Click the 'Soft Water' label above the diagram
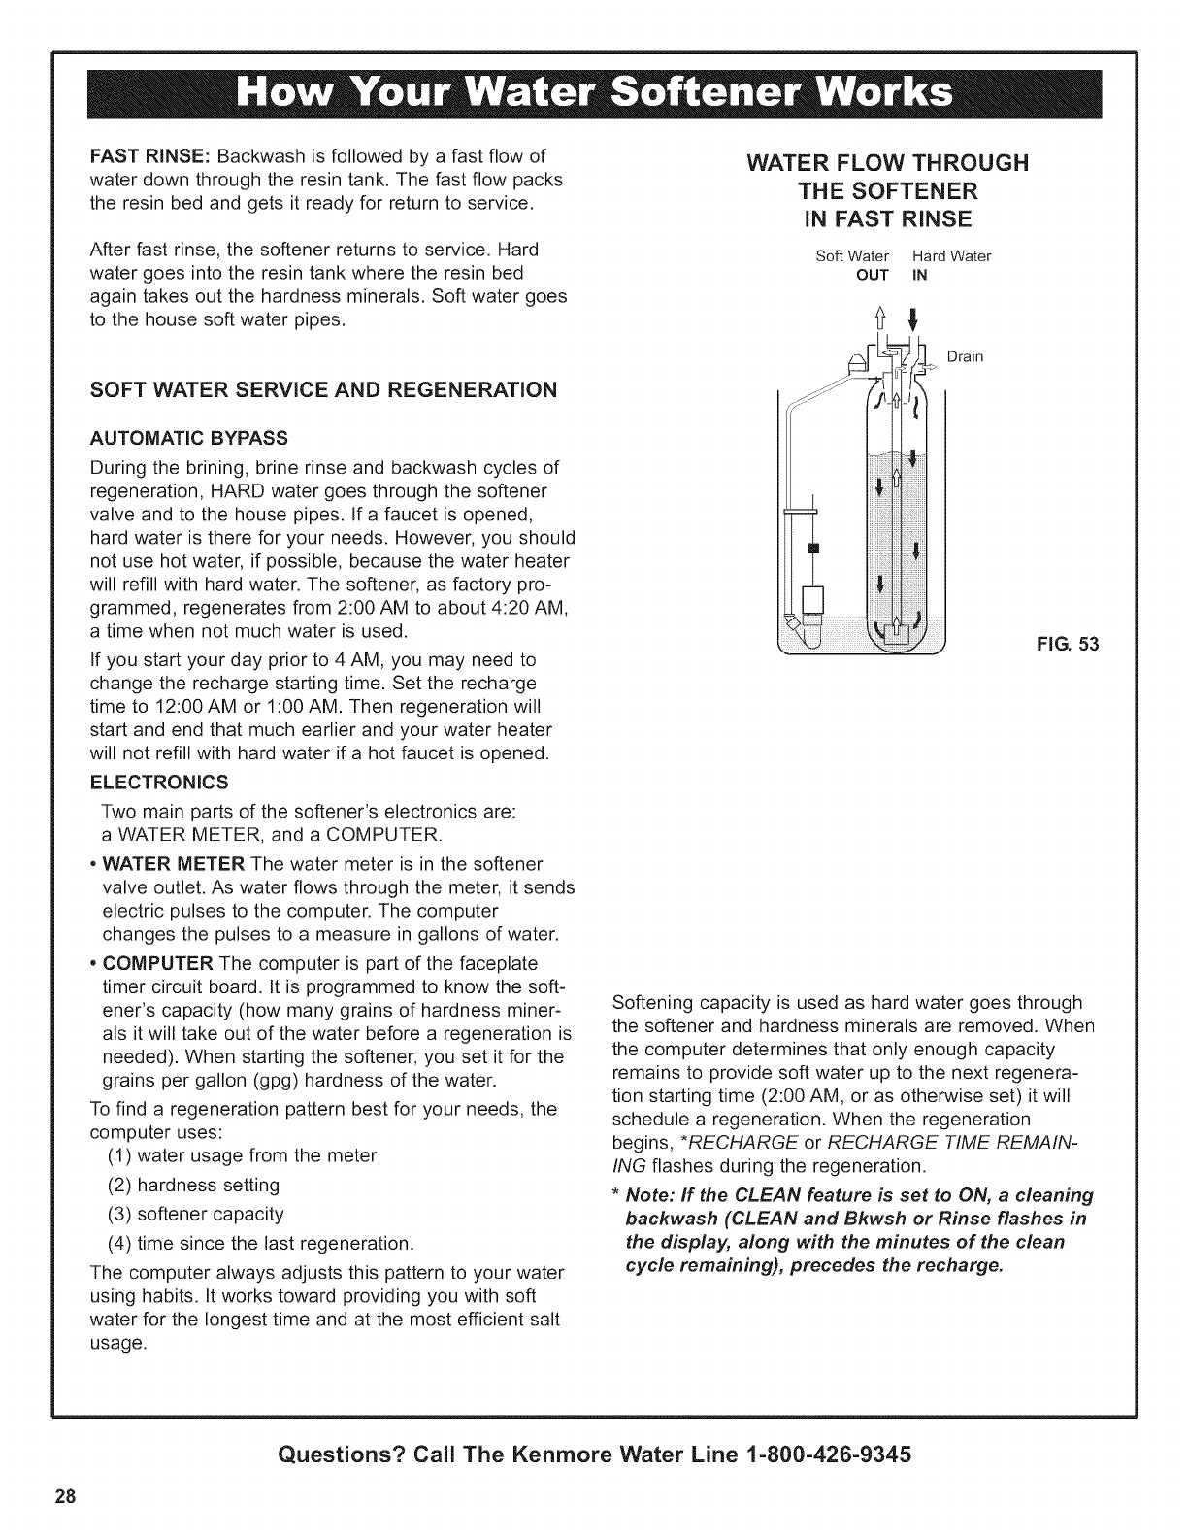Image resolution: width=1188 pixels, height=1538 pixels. coord(845,257)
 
